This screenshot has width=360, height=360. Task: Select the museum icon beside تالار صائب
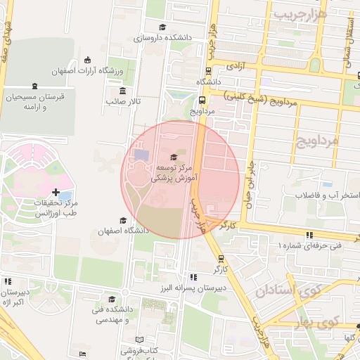(x=123, y=91)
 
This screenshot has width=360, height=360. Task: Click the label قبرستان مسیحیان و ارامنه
(x=33, y=101)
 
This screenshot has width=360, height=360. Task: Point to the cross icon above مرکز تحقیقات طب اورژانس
(x=56, y=191)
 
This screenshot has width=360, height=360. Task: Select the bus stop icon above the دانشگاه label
(x=209, y=70)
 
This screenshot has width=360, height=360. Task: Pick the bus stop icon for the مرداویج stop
(x=202, y=100)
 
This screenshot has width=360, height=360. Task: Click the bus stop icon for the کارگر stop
(x=221, y=258)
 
